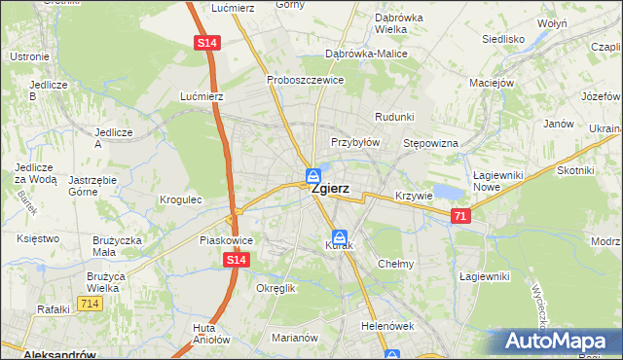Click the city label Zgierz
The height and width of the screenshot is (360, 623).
click(x=330, y=191)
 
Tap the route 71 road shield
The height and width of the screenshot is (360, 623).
click(x=461, y=216)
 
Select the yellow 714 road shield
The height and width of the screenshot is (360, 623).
click(x=91, y=305)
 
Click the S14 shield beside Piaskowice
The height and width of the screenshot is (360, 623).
click(x=236, y=261)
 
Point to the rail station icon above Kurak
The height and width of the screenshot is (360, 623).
click(x=340, y=236)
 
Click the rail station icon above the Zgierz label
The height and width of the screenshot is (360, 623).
click(x=313, y=175)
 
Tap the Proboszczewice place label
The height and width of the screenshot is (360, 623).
click(x=306, y=80)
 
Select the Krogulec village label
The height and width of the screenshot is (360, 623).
click(x=180, y=199)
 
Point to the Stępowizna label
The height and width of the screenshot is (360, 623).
click(x=430, y=143)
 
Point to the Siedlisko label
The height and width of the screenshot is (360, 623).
click(x=503, y=40)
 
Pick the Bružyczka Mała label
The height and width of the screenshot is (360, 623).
click(x=118, y=245)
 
